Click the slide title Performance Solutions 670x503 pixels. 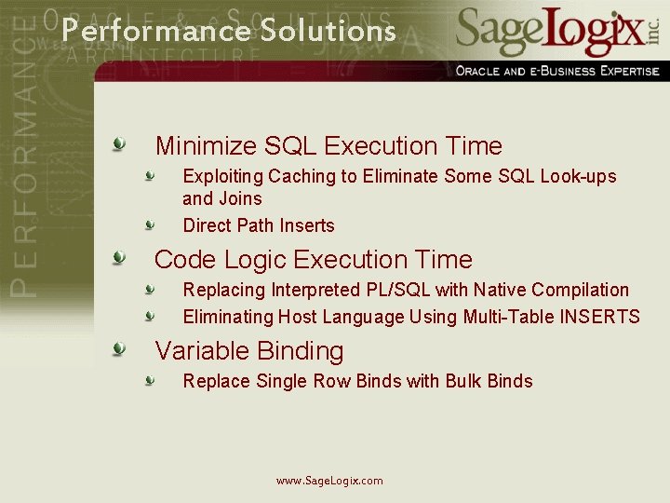pyautogui.click(x=229, y=31)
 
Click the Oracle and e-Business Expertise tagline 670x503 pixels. pyautogui.click(x=557, y=71)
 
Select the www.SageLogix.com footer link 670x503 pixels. pyautogui.click(x=329, y=481)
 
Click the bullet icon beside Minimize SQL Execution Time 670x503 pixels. pyautogui.click(x=119, y=144)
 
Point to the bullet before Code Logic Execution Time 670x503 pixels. pyautogui.click(x=119, y=258)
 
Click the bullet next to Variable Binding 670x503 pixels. pyautogui.click(x=119, y=349)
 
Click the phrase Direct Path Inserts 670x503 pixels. pyautogui.click(x=259, y=225)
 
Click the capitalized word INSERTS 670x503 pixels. pyautogui.click(x=599, y=317)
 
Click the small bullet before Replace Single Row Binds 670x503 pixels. pyautogui.click(x=149, y=380)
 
